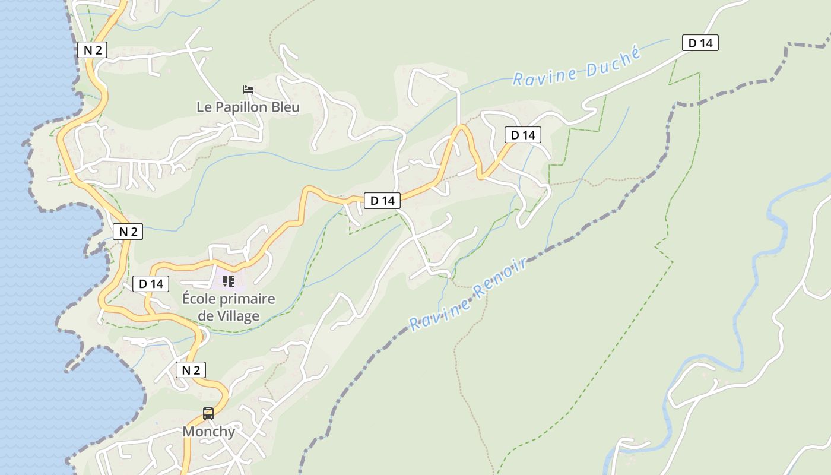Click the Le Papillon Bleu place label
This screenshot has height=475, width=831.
click(248, 107)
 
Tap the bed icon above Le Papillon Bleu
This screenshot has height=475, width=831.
click(248, 90)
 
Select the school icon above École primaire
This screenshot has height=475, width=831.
click(229, 281)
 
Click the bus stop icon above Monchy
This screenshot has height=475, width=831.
click(208, 414)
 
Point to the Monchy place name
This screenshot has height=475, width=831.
click(208, 432)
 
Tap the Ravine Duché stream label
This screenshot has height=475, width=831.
click(577, 67)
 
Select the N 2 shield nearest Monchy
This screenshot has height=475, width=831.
click(191, 370)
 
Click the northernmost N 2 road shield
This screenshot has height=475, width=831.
click(92, 50)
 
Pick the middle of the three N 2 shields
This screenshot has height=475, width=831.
click(128, 232)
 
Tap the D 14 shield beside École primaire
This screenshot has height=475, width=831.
click(151, 284)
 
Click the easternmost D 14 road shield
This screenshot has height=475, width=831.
click(700, 43)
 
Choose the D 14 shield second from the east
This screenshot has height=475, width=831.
click(523, 135)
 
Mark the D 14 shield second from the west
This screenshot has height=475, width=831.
click(382, 201)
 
